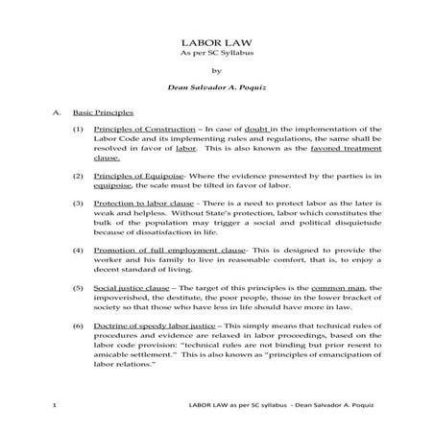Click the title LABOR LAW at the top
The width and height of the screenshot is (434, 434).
(216, 44)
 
